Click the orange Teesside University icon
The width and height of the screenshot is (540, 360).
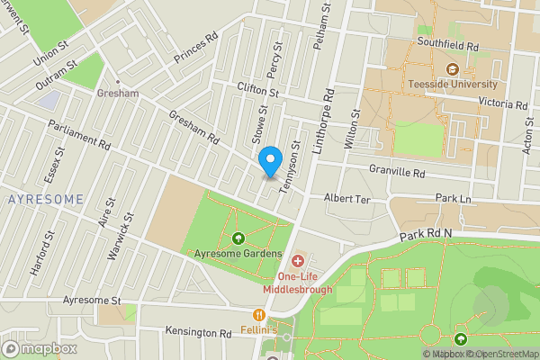pos(452,68)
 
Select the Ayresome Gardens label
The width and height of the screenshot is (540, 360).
pos(231,254)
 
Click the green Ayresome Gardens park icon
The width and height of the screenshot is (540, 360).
pos(238,238)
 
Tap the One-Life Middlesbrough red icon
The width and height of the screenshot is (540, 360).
pos(298,261)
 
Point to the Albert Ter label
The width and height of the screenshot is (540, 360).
pos(346,197)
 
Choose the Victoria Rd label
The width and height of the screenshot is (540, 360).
pos(501,103)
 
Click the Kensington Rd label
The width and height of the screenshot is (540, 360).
pos(198,332)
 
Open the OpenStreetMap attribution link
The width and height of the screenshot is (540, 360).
pos(500,354)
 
